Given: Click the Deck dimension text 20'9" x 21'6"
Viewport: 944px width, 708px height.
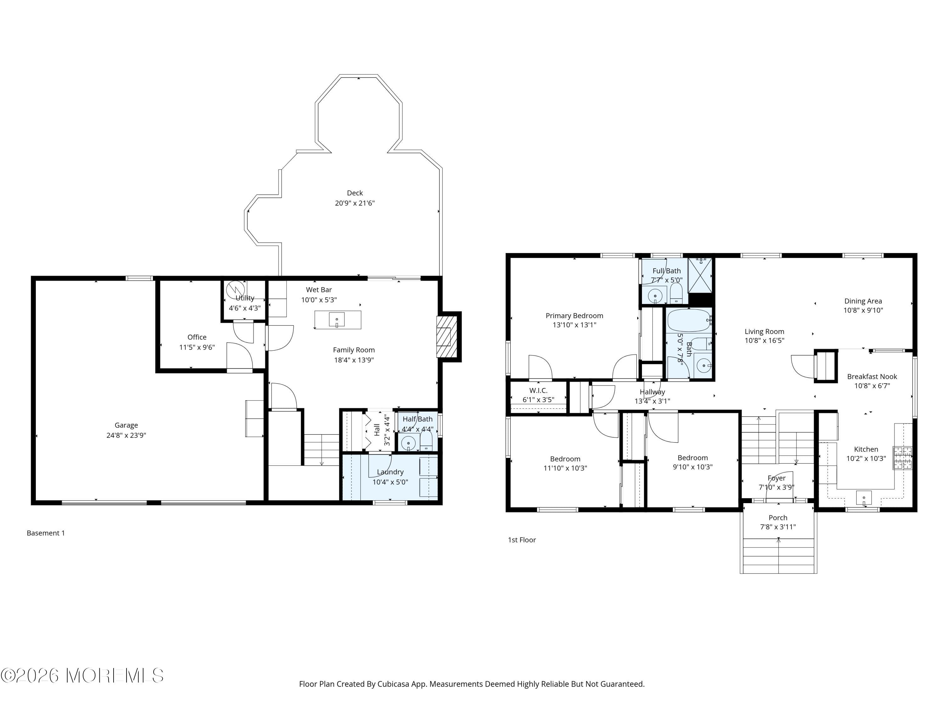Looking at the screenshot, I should click(x=355, y=203).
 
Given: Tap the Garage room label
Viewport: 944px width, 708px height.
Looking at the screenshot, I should click(x=126, y=425).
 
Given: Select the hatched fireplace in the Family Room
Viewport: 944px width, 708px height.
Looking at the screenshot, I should click(x=447, y=337).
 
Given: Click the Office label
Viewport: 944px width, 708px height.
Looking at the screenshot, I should click(x=197, y=337).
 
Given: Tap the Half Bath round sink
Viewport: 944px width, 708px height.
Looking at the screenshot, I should click(x=408, y=443).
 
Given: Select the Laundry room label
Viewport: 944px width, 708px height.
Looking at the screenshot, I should click(x=390, y=472).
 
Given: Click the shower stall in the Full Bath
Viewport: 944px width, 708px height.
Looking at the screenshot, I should click(x=700, y=276).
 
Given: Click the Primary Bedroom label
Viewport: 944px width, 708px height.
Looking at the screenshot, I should click(x=574, y=316).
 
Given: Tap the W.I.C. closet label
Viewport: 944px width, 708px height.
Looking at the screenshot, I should click(x=538, y=391).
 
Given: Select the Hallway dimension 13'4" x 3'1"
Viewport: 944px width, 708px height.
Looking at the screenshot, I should click(x=652, y=401).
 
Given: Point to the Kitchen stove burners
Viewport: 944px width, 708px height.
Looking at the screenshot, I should click(x=902, y=458).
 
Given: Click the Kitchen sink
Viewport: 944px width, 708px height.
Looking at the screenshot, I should click(x=864, y=497).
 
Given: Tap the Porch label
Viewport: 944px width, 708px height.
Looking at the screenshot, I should click(x=778, y=518).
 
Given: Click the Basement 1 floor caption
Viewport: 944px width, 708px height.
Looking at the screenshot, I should click(x=46, y=533).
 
